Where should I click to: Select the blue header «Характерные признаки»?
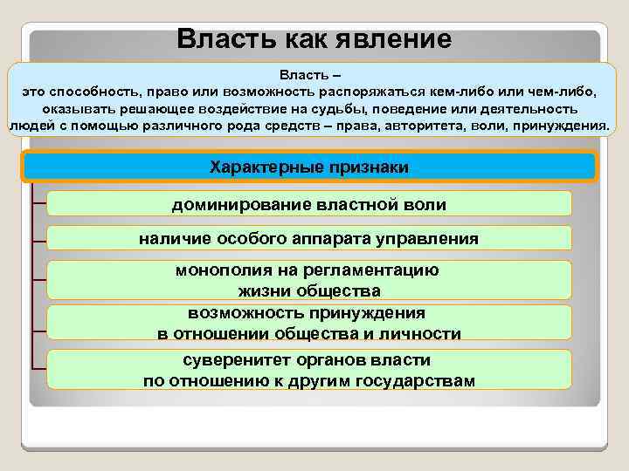pyautogui.click(x=309, y=167)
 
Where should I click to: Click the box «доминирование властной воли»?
pyautogui.click(x=309, y=204)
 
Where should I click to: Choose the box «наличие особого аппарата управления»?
pyautogui.click(x=309, y=238)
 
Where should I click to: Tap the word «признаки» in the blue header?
pyautogui.click(x=368, y=167)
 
